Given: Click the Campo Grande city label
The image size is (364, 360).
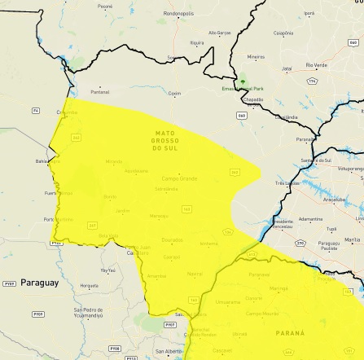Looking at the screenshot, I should pyautogui.click(x=179, y=178).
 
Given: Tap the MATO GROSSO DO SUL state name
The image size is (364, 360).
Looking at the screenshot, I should pyautogui.click(x=164, y=141).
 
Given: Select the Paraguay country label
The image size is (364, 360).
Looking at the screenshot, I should pyautogui.click(x=39, y=283).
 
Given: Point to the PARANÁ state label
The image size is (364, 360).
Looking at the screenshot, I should pyautogui.click(x=290, y=333).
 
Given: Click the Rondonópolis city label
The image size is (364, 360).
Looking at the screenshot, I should pyautogui.click(x=178, y=14).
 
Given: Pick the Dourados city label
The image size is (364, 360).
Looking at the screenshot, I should pyautogui.click(x=173, y=240).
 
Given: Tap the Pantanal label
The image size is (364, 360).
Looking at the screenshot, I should pyautogui.click(x=99, y=92).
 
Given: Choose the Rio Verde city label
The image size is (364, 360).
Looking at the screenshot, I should pyautogui.click(x=317, y=65).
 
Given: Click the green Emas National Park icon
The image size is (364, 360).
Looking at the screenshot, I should pyautogui.click(x=242, y=81).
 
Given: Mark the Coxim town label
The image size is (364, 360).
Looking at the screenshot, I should pyautogui.click(x=174, y=94).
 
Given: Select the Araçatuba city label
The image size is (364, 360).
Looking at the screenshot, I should pyautogui.click(x=334, y=200).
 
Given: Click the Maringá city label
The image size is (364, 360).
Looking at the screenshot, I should pyautogui.click(x=278, y=288).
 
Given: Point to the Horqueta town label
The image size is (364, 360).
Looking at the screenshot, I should pyautogui.click(x=89, y=286).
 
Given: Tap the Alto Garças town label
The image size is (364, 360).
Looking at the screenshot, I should pyautogui.click(x=220, y=33).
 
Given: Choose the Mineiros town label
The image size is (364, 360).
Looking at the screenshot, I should pyautogui.click(x=256, y=57).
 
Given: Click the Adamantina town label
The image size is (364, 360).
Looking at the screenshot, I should pyautogui.click(x=309, y=219).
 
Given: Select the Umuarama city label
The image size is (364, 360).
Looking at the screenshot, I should pyautogui.click(x=228, y=302).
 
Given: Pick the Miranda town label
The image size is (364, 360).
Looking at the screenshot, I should pyautogui.click(x=113, y=161).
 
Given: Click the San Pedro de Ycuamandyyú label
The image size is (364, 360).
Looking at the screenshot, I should pyautogui.click(x=88, y=313).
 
